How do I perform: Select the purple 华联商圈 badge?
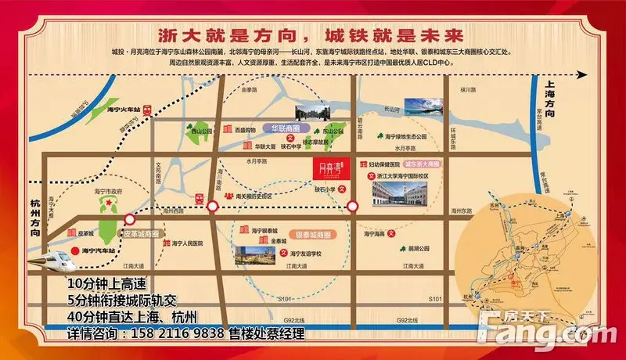pos(262,127)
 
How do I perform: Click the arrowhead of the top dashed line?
pos(583,75)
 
